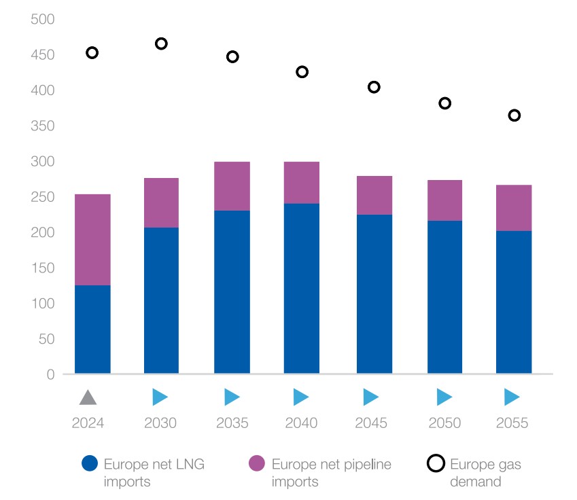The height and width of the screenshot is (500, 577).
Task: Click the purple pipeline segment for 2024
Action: click(92, 239)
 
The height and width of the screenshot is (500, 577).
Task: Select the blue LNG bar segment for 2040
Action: click(302, 288)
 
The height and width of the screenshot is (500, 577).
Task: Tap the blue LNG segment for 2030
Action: click(161, 300)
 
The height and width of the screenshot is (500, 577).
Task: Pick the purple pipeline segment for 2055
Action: click(514, 208)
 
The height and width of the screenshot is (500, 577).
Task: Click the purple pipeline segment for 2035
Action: click(232, 186)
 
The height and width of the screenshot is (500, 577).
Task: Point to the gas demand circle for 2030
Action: click(161, 43)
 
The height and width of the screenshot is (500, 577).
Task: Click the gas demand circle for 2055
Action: click(514, 115)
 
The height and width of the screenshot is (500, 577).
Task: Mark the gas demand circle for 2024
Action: click(92, 53)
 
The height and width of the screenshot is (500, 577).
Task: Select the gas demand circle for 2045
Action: click(374, 87)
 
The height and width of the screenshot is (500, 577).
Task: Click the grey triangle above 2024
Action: click(87, 397)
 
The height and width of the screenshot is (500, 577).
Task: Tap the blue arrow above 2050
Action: click(444, 397)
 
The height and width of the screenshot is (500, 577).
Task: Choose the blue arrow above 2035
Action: click(232, 397)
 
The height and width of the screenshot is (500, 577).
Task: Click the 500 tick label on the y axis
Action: click(42, 19)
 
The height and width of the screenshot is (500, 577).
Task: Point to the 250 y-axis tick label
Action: click(42, 197)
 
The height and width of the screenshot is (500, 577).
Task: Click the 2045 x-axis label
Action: click(371, 423)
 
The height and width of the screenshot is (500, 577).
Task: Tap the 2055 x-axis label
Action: click(512, 423)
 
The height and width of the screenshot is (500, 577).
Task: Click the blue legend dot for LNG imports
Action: click(90, 464)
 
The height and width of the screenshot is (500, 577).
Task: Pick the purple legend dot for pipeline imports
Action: click(256, 464)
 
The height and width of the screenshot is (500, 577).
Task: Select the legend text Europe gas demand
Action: click(485, 473)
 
